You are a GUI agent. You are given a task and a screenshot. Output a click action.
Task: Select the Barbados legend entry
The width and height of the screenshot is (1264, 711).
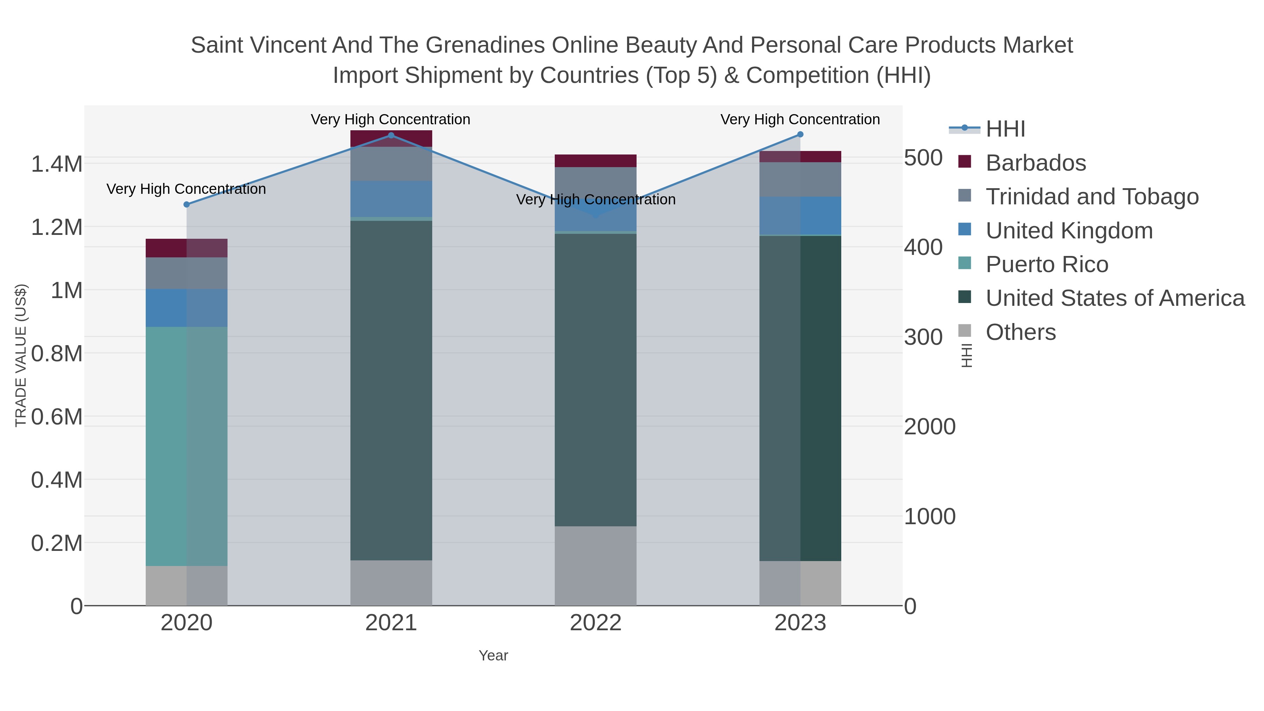point(1035,163)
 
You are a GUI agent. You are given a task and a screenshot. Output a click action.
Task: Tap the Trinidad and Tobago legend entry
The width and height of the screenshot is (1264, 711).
point(1092,197)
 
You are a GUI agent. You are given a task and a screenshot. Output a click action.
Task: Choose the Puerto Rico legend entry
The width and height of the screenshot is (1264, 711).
point(1047,264)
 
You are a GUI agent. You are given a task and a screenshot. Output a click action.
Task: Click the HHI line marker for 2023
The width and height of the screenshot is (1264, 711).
point(800,134)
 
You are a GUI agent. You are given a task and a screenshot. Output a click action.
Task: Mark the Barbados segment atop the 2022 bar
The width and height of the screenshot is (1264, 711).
point(595,161)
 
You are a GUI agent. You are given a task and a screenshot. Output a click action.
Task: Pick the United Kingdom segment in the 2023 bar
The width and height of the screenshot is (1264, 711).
point(800,216)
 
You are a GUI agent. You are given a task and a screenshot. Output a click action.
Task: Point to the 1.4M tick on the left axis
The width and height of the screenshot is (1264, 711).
point(57,164)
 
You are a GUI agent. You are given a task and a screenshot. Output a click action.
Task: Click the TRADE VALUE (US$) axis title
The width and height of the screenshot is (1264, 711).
point(21,355)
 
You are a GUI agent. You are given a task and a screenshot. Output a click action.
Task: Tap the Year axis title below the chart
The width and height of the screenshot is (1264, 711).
point(493,656)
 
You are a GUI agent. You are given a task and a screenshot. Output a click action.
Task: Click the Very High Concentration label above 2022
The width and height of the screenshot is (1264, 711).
point(596,200)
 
